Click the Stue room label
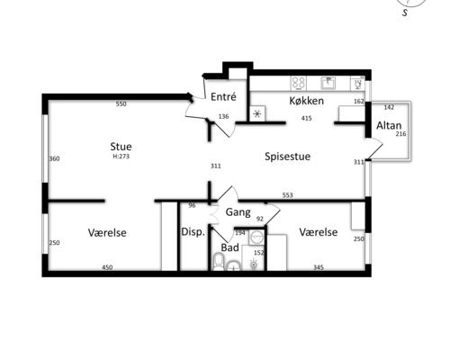(x=121, y=147)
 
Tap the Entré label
(x=223, y=96)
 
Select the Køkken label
(x=306, y=101)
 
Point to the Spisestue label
(x=287, y=157)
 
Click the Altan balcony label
(x=389, y=125)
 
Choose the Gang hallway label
(x=238, y=212)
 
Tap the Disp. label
(x=193, y=232)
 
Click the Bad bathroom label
(x=230, y=247)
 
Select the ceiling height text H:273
(x=121, y=157)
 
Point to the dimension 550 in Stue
(x=121, y=104)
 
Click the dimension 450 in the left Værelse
(x=107, y=267)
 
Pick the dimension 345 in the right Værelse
(x=319, y=267)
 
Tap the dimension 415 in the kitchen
(x=306, y=118)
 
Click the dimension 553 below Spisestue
(x=287, y=195)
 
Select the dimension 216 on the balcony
(x=400, y=134)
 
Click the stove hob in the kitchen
(x=299, y=83)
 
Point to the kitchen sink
(x=328, y=83)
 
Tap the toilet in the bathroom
(x=219, y=262)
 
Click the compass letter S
(x=406, y=13)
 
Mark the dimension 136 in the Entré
(x=223, y=116)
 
